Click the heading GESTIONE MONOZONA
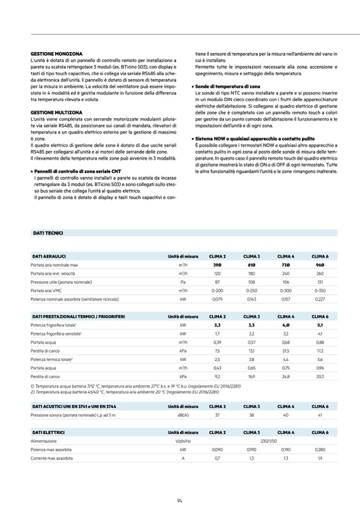tap(56, 54)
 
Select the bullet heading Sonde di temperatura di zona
tap(227, 86)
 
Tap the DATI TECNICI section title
tap(48, 233)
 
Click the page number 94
tap(180, 499)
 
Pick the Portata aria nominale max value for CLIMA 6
tap(320, 265)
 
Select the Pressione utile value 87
tap(217, 282)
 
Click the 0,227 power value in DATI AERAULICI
tap(320, 299)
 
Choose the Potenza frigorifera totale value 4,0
tap(286, 325)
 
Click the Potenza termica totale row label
tap(52, 359)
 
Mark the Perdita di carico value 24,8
tap(286, 376)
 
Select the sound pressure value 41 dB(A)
tap(320, 415)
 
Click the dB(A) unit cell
tap(183, 415)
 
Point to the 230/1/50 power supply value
tap(269, 441)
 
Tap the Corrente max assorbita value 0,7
tap(217, 458)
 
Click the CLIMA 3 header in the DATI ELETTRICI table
tap(251, 432)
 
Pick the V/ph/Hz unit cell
tap(183, 441)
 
